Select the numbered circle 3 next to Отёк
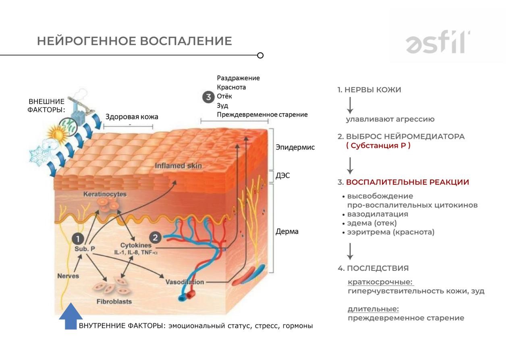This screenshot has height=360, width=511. (208, 97)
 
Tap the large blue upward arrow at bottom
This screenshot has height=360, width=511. (71, 317)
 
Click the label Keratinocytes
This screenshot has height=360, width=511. (105, 194)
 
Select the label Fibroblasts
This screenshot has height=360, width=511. (114, 301)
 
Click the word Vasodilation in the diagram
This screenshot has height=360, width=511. (185, 282)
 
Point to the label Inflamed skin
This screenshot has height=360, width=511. (178, 166)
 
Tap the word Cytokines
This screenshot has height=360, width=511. (135, 245)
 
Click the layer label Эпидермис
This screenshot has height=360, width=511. (295, 148)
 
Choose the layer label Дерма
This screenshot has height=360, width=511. (287, 232)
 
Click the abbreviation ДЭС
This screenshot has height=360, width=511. (284, 176)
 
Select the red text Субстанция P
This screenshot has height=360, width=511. (378, 146)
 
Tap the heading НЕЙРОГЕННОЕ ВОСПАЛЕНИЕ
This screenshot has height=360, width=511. (134, 41)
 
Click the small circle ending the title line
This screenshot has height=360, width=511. (260, 55)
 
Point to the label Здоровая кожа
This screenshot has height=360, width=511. (132, 117)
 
